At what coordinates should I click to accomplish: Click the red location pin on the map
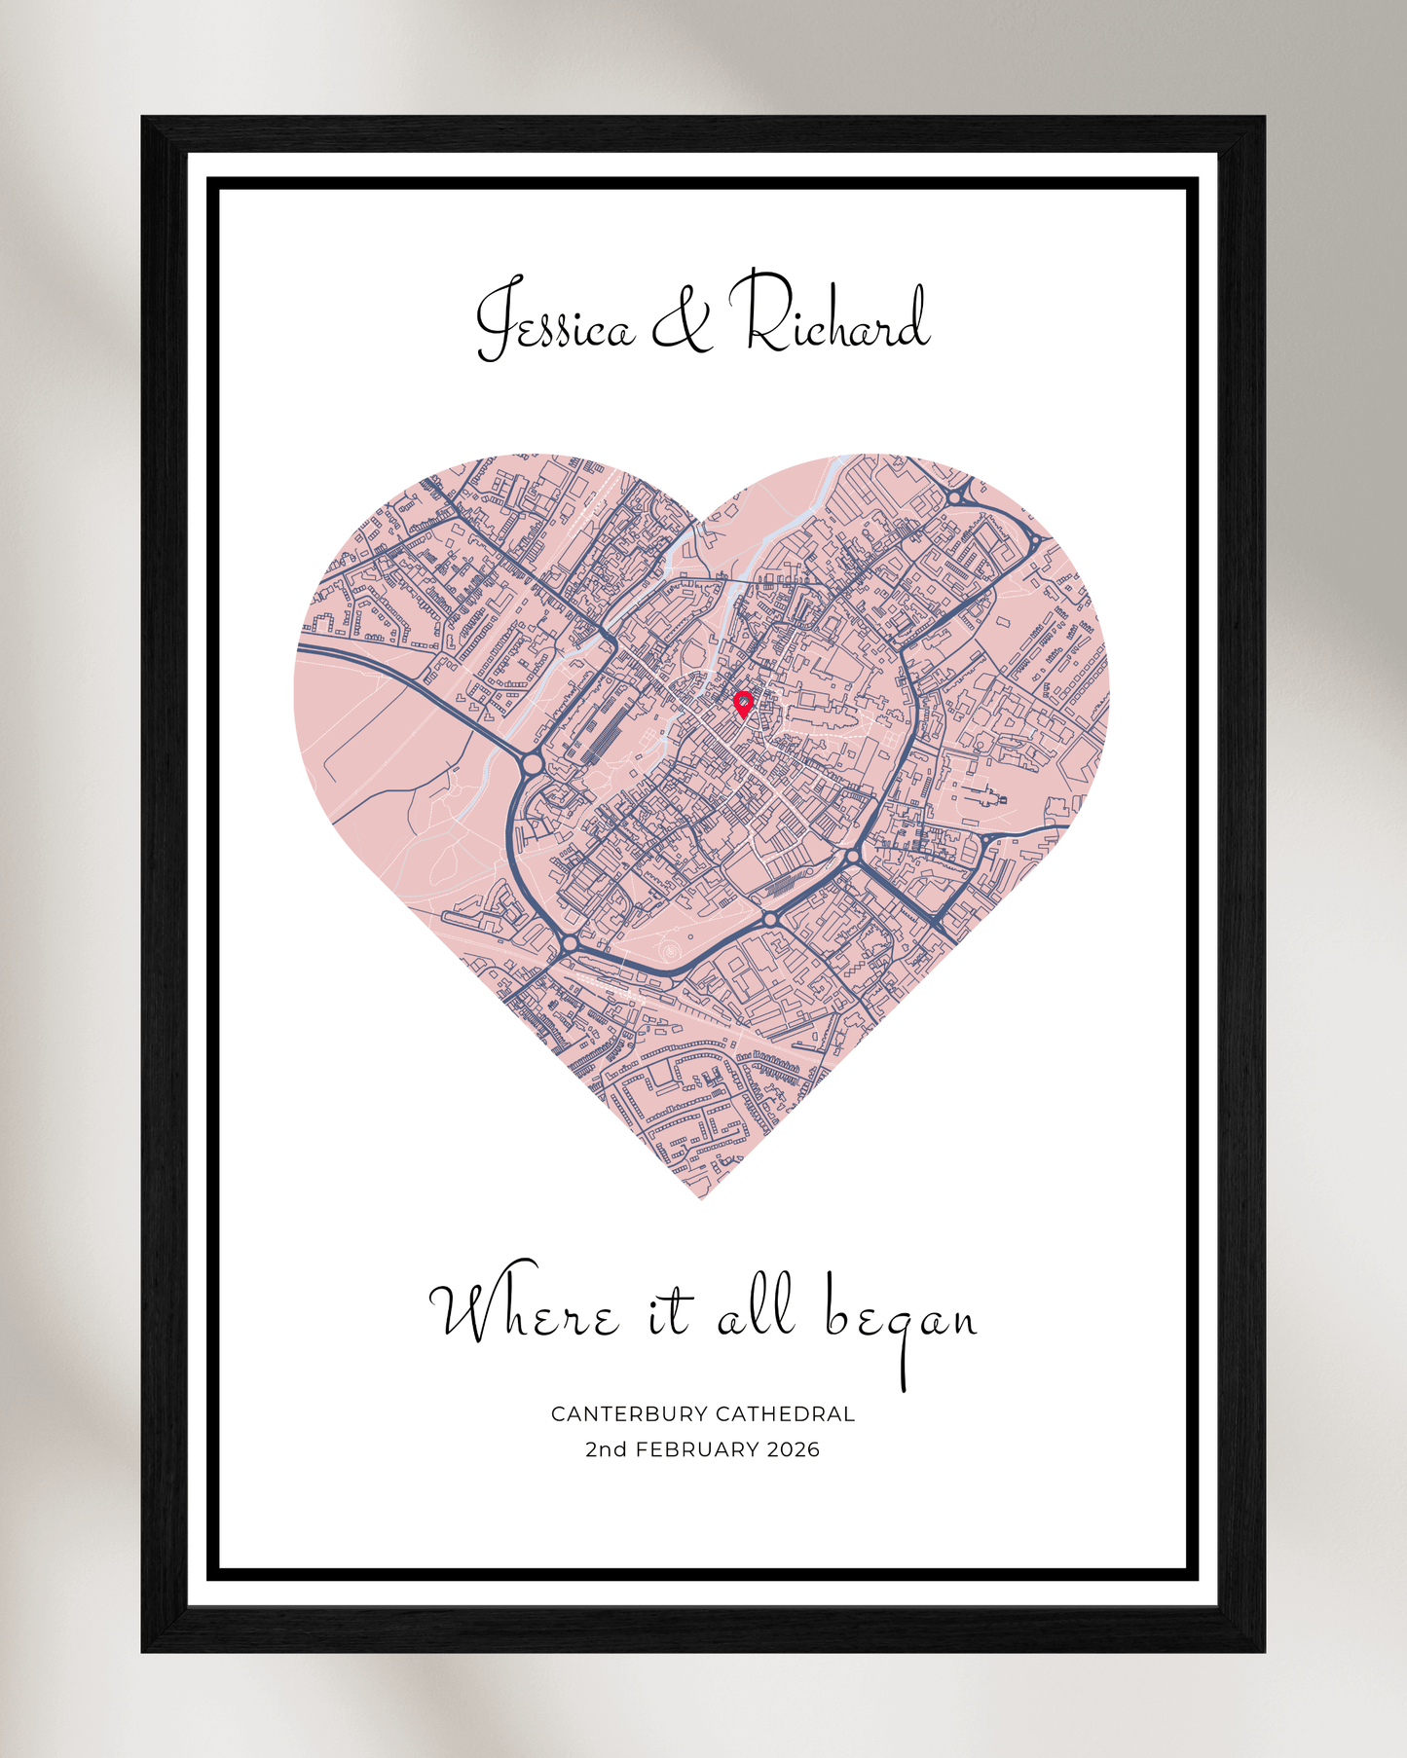pyautogui.click(x=743, y=703)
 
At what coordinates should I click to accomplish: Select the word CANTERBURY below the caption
pyautogui.click(x=628, y=1413)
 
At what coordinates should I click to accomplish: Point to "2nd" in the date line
pyautogui.click(x=606, y=1449)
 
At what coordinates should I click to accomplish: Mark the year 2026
pyautogui.click(x=794, y=1449)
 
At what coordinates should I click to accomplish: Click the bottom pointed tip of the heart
pyautogui.click(x=701, y=1198)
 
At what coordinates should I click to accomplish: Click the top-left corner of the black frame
pyautogui.click(x=143, y=118)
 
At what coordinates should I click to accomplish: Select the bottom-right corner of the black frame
pyautogui.click(x=1263, y=1650)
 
